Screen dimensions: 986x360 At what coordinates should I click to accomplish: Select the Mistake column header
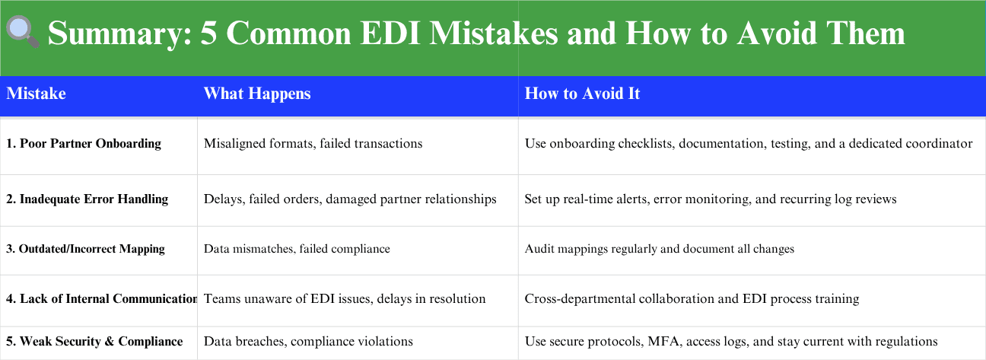tap(36, 94)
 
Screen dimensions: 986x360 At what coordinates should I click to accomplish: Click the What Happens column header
tap(257, 94)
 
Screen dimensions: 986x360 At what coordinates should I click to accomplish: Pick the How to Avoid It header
tap(582, 94)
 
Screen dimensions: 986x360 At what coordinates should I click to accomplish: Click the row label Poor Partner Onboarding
tap(84, 144)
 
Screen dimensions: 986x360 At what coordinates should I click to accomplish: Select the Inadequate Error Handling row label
tap(87, 199)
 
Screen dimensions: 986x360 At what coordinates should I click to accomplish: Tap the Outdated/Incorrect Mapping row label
tap(85, 249)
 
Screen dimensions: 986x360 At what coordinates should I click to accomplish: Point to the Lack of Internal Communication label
tap(102, 299)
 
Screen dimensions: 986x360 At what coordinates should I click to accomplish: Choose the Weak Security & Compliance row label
tap(94, 342)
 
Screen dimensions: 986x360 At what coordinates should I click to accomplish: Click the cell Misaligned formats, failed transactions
tap(313, 144)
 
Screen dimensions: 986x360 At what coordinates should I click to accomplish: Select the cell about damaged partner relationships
tap(350, 199)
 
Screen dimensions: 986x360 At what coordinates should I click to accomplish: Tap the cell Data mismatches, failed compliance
tap(297, 249)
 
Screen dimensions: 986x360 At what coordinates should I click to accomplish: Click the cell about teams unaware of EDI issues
tap(345, 299)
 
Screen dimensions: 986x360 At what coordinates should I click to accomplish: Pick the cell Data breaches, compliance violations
tap(308, 342)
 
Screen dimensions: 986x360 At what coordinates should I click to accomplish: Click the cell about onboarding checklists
tap(749, 144)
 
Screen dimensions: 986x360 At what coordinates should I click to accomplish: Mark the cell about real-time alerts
tap(711, 199)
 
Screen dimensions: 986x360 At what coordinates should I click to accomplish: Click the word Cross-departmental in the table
tap(580, 299)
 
